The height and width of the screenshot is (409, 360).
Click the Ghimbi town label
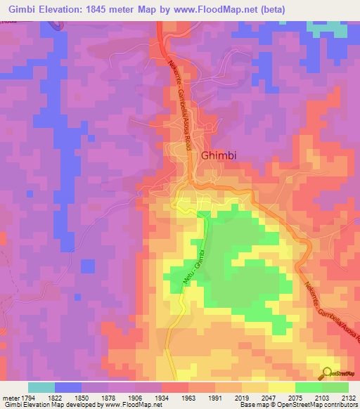(x=219, y=137)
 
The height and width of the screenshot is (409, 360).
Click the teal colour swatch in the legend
(x=41, y=387)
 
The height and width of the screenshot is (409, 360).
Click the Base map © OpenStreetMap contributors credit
(x=298, y=404)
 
